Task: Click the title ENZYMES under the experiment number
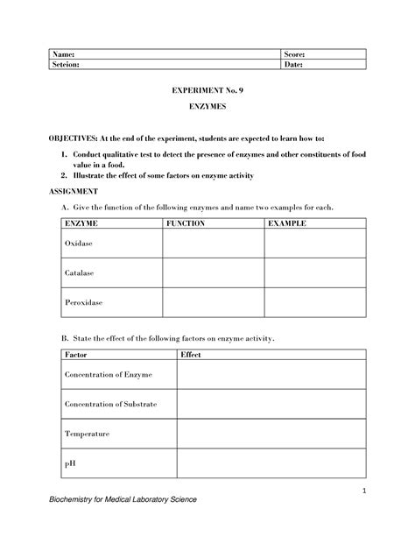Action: [x=207, y=110]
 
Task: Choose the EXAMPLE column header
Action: [x=287, y=224]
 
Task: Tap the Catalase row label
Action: [x=80, y=272]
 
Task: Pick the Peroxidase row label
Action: [x=83, y=302]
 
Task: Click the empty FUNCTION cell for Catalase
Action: [x=213, y=272]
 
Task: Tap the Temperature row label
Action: [x=86, y=434]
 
